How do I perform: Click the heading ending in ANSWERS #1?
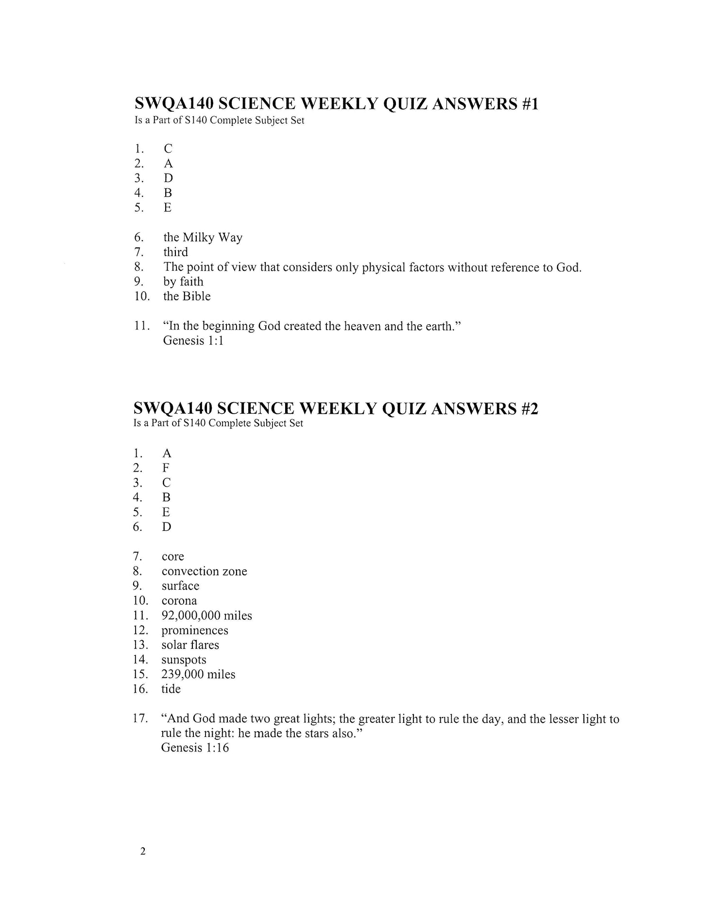coord(336,104)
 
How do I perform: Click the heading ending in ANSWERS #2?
coord(336,408)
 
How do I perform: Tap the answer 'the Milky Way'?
coord(203,238)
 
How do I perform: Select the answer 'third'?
coord(175,252)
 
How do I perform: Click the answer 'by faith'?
coord(183,281)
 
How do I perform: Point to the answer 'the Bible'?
coord(187,297)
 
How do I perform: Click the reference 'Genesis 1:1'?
coord(193,341)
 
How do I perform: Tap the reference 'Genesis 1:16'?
coord(194,748)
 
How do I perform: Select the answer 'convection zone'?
coord(204,571)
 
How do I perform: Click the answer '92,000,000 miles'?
coord(206,616)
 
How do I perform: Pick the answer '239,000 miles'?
coord(198,675)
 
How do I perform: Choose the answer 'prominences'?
coord(194,630)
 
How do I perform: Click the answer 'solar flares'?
coord(190,645)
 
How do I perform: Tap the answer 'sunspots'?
coord(184,660)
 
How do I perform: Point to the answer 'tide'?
coord(171,689)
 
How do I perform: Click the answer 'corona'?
coord(179,601)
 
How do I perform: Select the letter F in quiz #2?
coord(166,468)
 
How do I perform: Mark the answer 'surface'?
coord(180,586)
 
